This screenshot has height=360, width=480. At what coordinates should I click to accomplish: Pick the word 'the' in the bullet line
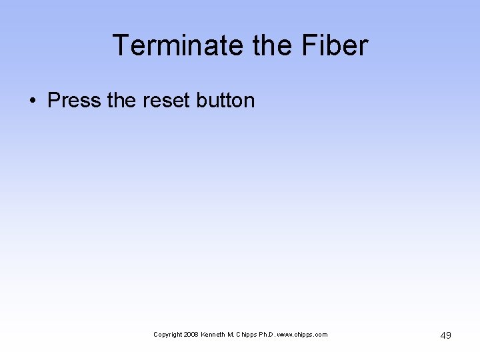point(121,101)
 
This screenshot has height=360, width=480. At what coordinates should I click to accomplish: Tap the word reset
point(167,101)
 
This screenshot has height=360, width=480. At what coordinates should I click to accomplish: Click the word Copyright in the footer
point(167,335)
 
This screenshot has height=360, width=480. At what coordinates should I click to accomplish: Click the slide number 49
point(446,335)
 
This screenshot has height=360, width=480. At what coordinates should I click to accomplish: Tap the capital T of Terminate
point(120,45)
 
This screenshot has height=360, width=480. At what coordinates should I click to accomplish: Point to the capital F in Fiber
point(311,45)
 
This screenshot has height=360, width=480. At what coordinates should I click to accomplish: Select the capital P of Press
point(54,101)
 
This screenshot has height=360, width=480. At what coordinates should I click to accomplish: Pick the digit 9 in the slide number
point(449,335)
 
